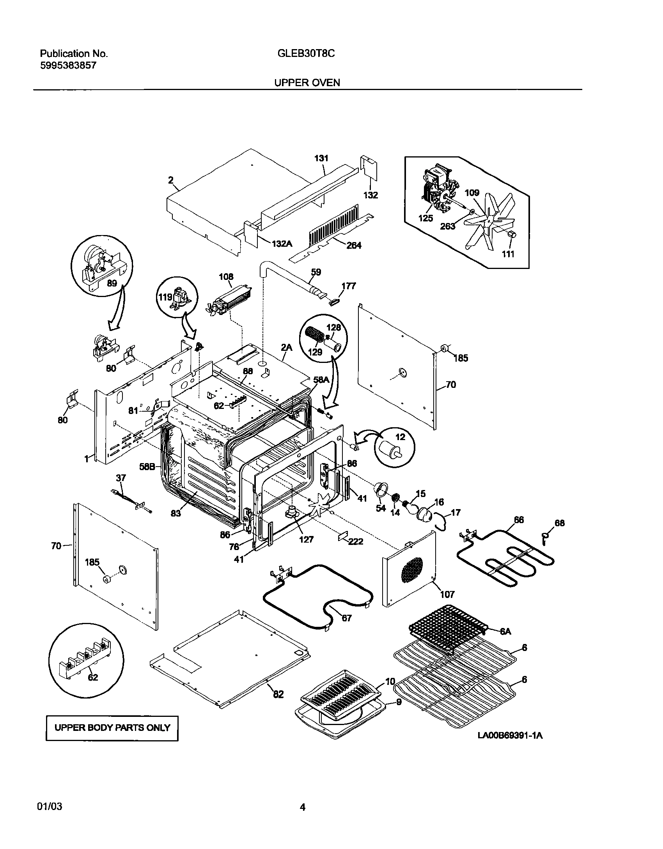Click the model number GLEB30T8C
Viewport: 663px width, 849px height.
tap(306, 54)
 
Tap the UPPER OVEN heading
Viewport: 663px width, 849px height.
tap(307, 83)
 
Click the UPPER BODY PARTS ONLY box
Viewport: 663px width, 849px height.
tap(112, 728)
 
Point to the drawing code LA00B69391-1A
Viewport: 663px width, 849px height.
tap(510, 736)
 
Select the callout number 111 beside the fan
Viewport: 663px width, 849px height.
tap(508, 254)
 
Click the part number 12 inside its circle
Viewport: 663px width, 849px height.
tap(400, 437)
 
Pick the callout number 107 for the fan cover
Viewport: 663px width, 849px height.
tap(447, 594)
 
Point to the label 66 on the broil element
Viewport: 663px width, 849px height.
tap(519, 520)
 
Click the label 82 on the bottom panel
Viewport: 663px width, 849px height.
tap(278, 694)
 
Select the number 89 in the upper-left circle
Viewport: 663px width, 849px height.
tap(112, 283)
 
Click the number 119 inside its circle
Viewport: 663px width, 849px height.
tap(165, 297)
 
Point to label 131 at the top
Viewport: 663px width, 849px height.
tap(321, 158)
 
